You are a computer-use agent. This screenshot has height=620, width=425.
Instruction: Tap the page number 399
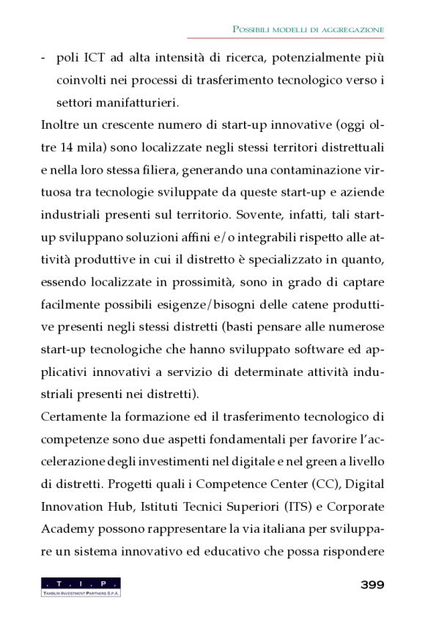click(372, 585)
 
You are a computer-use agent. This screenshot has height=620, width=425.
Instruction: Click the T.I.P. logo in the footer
click(81, 586)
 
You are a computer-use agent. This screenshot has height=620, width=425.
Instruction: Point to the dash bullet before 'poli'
click(45, 57)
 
